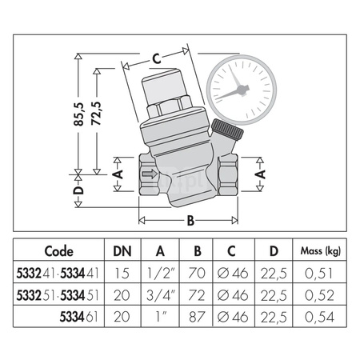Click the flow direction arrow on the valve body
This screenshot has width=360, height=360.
[x=148, y=173]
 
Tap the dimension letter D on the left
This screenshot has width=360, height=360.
[x=78, y=192]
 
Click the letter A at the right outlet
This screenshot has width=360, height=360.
[x=260, y=172]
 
